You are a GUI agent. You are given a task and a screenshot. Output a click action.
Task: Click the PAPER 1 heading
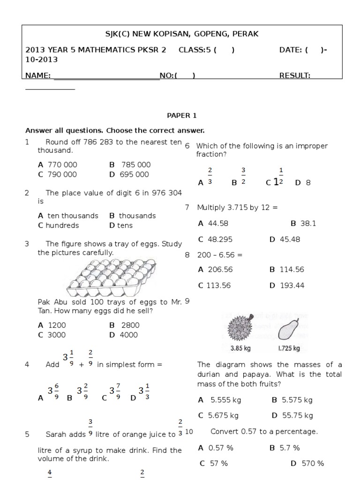tap(179, 115)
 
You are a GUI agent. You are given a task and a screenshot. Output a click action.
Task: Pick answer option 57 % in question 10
tap(214, 463)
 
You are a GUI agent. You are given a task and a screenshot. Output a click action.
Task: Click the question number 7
tap(187, 207)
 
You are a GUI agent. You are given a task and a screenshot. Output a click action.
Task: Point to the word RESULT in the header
tap(294, 75)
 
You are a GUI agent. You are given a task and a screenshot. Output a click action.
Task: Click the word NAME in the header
tap(37, 75)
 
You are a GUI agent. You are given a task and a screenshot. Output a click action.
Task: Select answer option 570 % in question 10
tap(307, 463)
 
